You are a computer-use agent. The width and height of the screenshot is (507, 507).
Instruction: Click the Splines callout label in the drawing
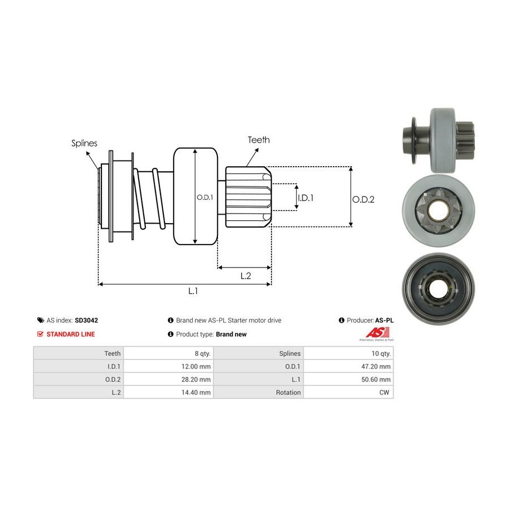click(x=84, y=143)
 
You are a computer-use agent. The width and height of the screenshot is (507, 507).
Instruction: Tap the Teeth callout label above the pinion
click(x=259, y=140)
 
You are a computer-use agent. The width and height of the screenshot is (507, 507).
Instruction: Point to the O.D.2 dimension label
click(x=363, y=199)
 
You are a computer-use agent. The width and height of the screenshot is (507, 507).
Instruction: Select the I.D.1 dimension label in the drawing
click(x=305, y=198)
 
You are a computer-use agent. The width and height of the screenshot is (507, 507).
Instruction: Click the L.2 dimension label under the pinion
click(x=246, y=275)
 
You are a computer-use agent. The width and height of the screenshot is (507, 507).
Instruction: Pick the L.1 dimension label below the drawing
click(x=193, y=291)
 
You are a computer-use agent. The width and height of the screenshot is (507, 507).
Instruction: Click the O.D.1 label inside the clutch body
click(x=204, y=198)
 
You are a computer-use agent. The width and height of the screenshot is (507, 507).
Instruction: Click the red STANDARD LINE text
click(x=70, y=334)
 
